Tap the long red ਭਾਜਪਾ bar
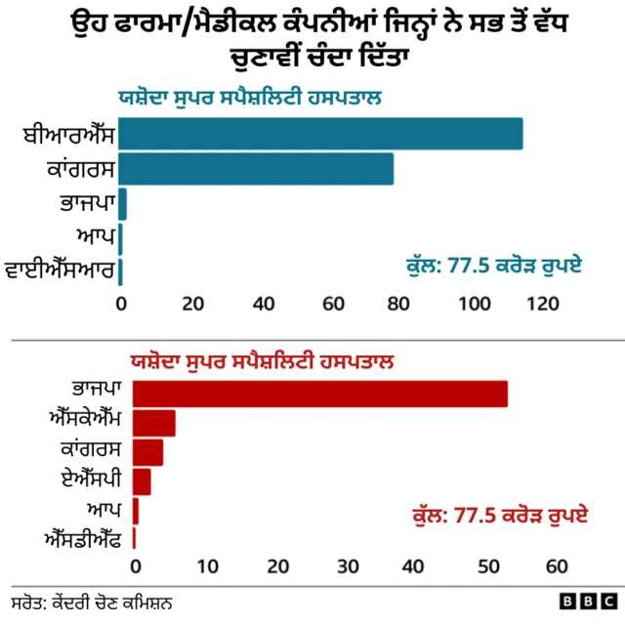coord(319,394)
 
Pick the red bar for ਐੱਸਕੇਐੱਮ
coord(153,423)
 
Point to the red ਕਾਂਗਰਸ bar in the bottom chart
coord(147,452)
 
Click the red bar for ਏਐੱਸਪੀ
coord(142,481)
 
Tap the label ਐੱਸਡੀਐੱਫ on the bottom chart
coord(82,538)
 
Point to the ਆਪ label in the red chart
coord(102,510)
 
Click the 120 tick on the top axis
coord(540,304)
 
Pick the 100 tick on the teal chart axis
coord(470,304)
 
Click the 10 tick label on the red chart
coord(207,566)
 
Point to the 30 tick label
coord(348,566)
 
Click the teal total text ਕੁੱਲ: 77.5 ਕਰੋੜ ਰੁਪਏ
coord(493,264)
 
